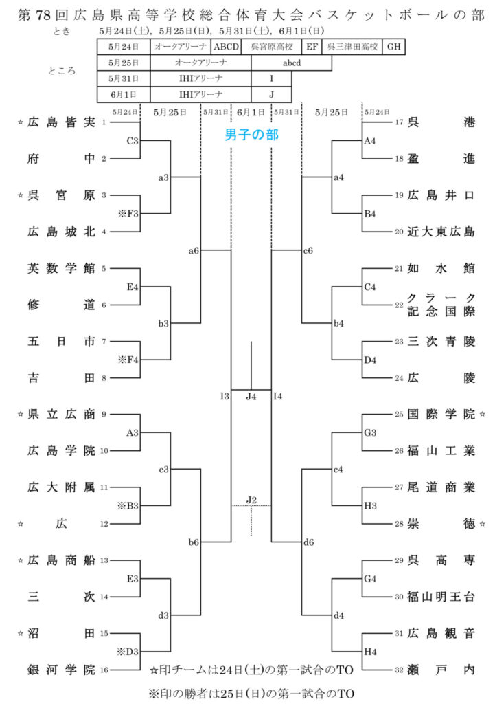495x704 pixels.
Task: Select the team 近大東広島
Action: pyautogui.click(x=440, y=232)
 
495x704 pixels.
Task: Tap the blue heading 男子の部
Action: pyautogui.click(x=252, y=135)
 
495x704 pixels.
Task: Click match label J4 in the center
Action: pyautogui.click(x=251, y=396)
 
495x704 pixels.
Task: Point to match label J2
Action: pyautogui.click(x=251, y=499)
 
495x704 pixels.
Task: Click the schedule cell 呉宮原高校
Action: pyautogui.click(x=271, y=47)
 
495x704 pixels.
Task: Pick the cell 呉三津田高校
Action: pyautogui.click(x=352, y=47)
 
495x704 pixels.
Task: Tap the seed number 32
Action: pyautogui.click(x=399, y=667)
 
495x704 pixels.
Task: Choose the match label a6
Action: pyautogui.click(x=194, y=251)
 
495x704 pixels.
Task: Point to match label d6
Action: pyautogui.click(x=308, y=542)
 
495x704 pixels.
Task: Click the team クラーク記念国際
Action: pyautogui.click(x=440, y=305)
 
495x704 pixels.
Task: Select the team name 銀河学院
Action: pyautogui.click(x=61, y=670)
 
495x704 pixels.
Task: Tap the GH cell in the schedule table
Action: pyautogui.click(x=393, y=47)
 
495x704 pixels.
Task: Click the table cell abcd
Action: pyautogui.click(x=292, y=63)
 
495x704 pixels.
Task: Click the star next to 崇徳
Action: pyautogui.click(x=483, y=524)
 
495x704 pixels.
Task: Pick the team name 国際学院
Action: pyautogui.click(x=440, y=415)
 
